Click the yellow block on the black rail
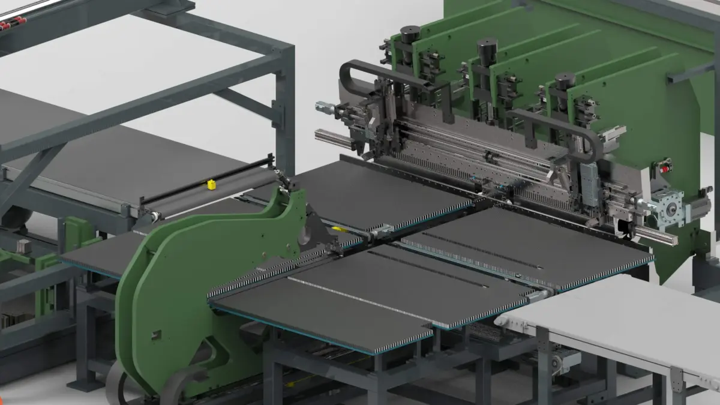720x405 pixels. [x=211, y=185]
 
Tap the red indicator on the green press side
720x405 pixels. [x=664, y=169]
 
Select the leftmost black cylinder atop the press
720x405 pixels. [x=409, y=34]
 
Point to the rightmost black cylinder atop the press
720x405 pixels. [x=565, y=81]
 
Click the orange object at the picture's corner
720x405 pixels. [x=2, y=400]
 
